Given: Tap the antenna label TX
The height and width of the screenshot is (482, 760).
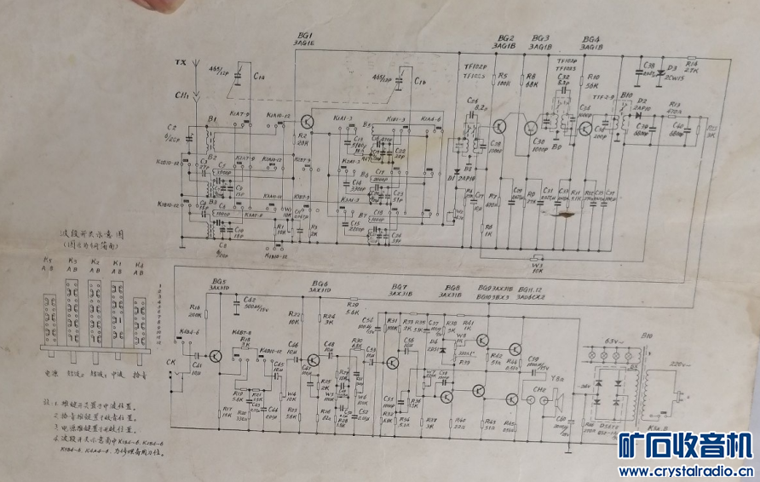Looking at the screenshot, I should pos(178,63).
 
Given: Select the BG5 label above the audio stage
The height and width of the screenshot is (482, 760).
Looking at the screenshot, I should pos(221,281).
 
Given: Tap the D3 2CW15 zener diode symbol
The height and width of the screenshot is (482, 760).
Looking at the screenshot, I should pos(658,73).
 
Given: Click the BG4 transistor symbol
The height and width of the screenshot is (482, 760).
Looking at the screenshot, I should pos(587,128).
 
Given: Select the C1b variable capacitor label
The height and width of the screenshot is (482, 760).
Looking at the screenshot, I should pos(419,81).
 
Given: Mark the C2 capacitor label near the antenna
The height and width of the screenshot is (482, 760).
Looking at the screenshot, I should pos(172,129).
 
